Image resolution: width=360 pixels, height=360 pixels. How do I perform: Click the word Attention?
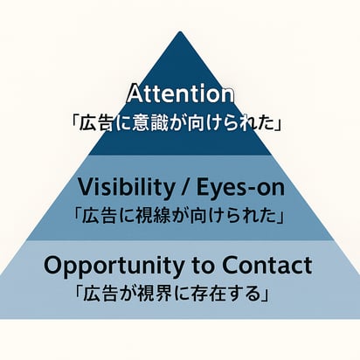coord(180,93)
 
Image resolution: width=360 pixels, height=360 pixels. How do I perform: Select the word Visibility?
coord(126,187)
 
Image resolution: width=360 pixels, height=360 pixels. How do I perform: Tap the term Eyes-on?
coord(240,188)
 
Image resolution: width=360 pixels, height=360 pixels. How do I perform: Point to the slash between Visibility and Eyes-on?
coord(185,188)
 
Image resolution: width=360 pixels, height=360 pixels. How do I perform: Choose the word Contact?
coord(267,265)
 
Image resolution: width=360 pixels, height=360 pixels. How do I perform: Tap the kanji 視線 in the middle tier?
coord(151,216)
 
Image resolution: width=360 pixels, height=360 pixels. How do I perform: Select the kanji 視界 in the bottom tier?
coord(152,294)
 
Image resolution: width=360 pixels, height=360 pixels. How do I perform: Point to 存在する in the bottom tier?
coord(225,294)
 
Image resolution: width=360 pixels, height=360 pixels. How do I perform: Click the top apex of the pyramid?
coord(180,31)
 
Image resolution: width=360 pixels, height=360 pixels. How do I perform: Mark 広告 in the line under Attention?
coord(96,123)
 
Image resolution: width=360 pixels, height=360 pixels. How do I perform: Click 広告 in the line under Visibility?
coord(99,216)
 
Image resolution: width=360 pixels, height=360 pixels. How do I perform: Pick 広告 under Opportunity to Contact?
coord(100,294)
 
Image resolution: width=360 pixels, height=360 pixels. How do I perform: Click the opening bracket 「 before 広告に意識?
coord(75,122)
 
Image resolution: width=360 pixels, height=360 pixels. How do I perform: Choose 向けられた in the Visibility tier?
coord(233,216)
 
